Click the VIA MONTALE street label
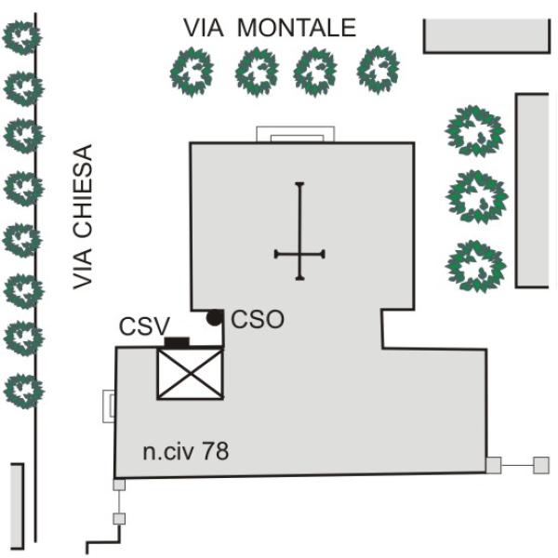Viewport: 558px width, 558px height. pyautogui.click(x=270, y=27)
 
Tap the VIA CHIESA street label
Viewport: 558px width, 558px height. pyautogui.click(x=83, y=217)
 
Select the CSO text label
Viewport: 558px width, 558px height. pyautogui.click(x=258, y=319)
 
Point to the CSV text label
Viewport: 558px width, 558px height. pyautogui.click(x=144, y=326)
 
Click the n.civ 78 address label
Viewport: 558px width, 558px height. pyautogui.click(x=185, y=451)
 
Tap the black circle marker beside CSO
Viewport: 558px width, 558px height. pyautogui.click(x=214, y=318)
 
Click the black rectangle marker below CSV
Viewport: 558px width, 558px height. pyautogui.click(x=177, y=342)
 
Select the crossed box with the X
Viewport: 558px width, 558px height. pyautogui.click(x=191, y=374)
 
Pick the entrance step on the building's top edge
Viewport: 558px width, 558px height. pyautogui.click(x=296, y=134)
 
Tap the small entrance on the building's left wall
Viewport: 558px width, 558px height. pyautogui.click(x=109, y=406)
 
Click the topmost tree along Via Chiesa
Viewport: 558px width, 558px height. pyautogui.click(x=22, y=38)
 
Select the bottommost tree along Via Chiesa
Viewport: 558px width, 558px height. pyautogui.click(x=23, y=391)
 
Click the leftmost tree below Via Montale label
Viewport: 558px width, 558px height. pyautogui.click(x=192, y=73)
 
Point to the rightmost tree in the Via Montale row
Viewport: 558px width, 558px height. pyautogui.click(x=379, y=70)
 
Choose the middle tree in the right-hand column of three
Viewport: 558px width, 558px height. pyautogui.click(x=476, y=197)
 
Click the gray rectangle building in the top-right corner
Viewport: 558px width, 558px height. pyautogui.click(x=486, y=36)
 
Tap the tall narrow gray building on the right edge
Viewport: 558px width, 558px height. pyautogui.click(x=532, y=191)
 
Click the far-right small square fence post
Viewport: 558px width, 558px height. pyautogui.click(x=541, y=465)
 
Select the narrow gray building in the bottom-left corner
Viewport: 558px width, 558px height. pyautogui.click(x=17, y=506)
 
